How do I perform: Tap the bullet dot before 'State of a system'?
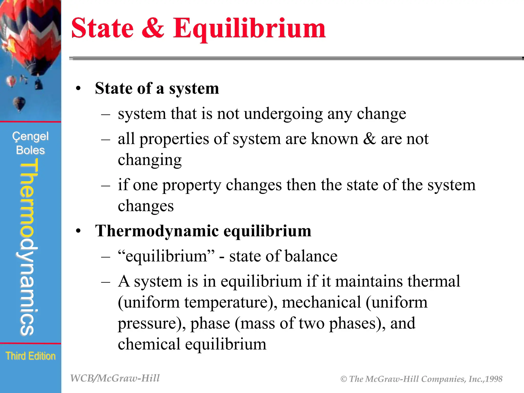tap(78, 89)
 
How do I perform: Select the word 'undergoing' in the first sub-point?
tap(283, 114)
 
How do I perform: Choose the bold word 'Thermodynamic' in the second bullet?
tap(157, 231)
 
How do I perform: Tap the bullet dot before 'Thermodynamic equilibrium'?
tap(78, 231)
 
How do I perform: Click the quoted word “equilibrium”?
tap(166, 256)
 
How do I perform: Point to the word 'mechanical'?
tap(321, 302)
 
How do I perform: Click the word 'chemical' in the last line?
tap(149, 344)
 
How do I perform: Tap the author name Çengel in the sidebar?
tap(30, 136)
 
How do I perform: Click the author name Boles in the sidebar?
tap(30, 150)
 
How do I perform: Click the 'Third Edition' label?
tap(30, 356)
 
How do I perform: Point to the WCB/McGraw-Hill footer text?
tap(115, 378)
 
